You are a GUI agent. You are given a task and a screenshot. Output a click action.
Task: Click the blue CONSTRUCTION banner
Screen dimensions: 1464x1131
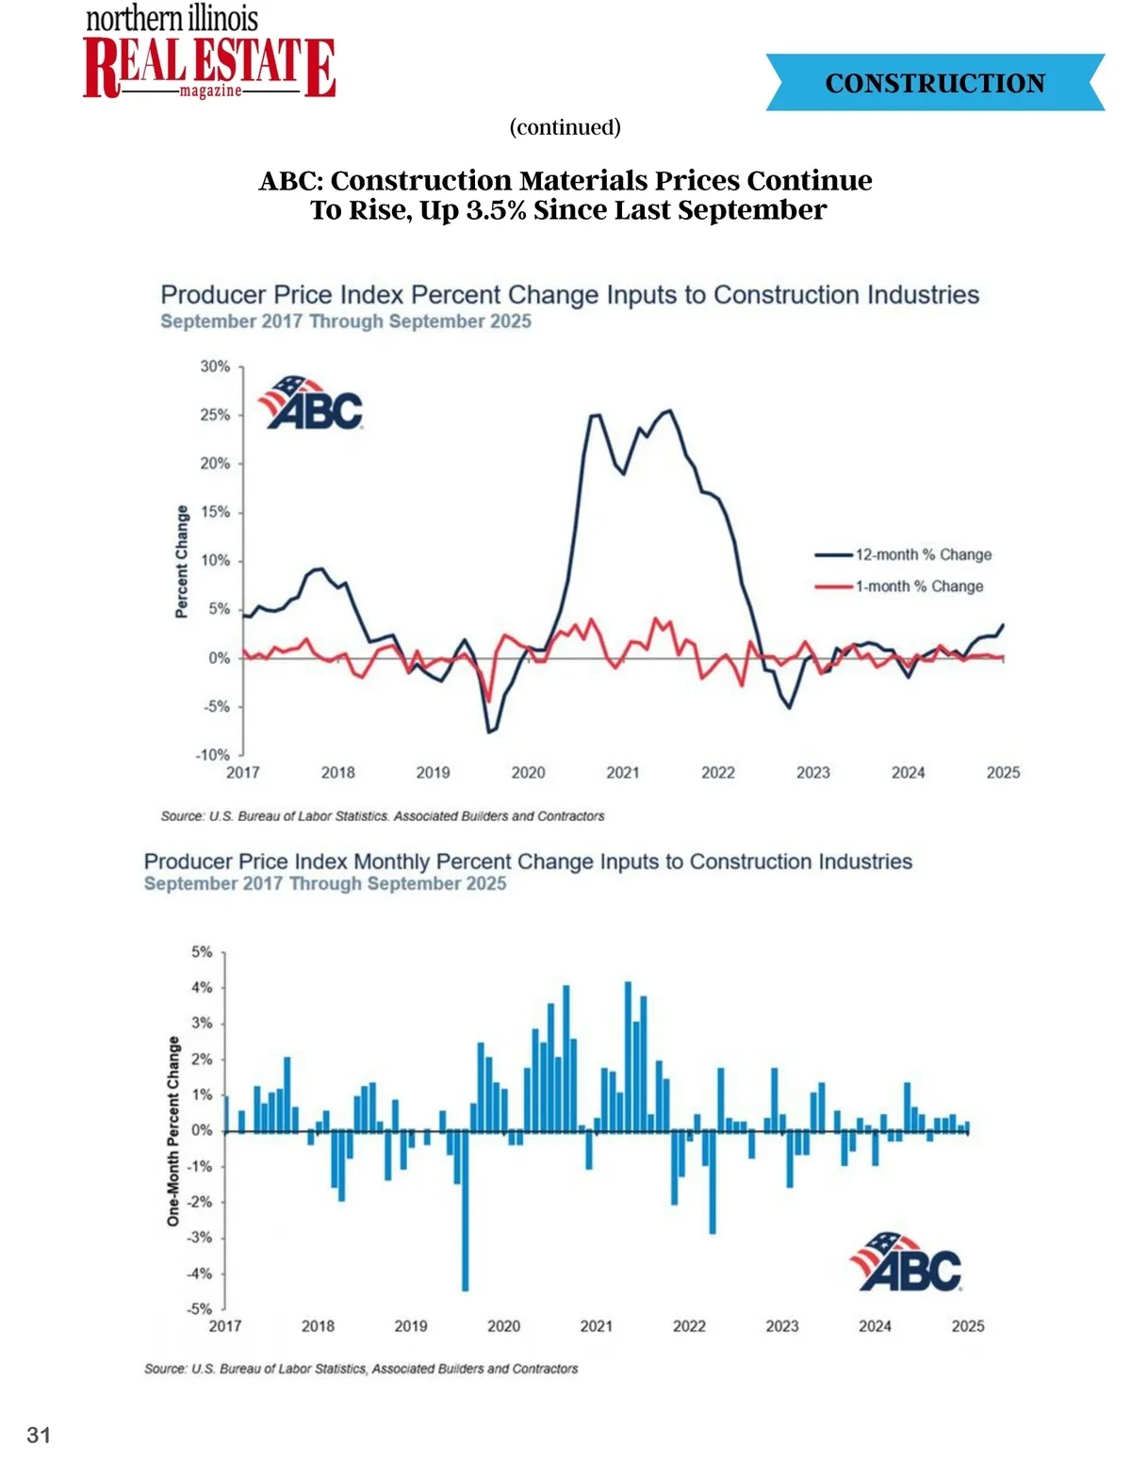934,83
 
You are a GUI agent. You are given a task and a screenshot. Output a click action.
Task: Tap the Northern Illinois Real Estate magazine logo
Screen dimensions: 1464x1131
208,55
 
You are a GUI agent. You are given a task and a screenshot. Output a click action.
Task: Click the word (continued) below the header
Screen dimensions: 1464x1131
565,127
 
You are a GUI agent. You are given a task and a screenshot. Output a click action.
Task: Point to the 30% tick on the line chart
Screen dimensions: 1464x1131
216,366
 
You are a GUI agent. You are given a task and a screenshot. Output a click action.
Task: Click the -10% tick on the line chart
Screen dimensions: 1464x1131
213,755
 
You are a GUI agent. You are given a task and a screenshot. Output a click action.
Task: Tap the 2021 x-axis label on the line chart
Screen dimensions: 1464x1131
623,773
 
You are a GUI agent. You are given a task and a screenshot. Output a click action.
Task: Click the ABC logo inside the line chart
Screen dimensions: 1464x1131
311,403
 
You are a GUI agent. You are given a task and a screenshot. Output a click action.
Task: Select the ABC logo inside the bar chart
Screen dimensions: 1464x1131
907,1262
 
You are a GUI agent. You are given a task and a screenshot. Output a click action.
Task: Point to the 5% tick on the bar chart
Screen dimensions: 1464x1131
202,952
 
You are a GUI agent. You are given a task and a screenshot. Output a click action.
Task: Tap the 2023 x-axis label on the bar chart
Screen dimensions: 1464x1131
782,1326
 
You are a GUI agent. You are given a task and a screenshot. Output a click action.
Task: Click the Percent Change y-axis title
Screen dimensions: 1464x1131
182,562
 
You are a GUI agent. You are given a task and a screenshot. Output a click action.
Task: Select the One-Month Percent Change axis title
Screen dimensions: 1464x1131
173,1131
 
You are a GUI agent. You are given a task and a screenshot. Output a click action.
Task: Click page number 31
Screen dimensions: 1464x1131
39,1435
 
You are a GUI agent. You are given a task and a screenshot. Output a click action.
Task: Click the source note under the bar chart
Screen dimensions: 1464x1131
361,1369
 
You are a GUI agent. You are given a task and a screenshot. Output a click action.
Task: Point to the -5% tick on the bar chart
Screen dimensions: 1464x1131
200,1308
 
